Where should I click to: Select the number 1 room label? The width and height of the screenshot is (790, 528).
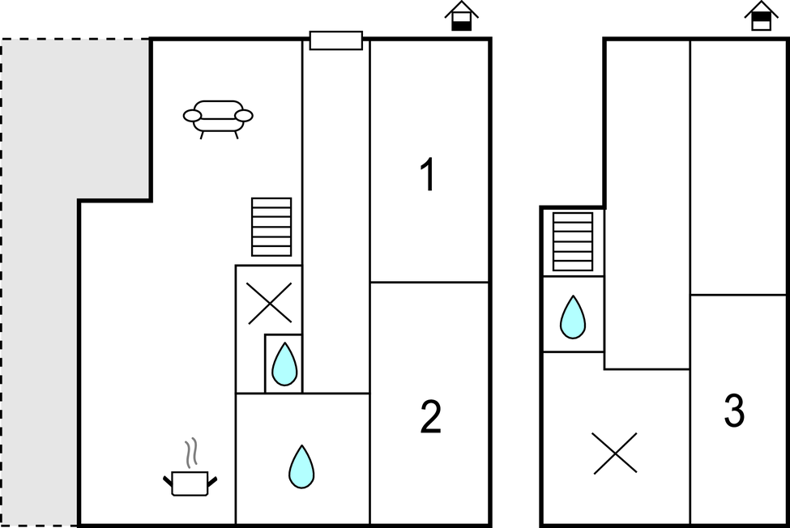(428, 176)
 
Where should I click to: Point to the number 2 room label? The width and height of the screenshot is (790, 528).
(430, 418)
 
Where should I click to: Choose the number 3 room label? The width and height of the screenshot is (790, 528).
(734, 411)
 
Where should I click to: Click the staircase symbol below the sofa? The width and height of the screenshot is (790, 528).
(271, 227)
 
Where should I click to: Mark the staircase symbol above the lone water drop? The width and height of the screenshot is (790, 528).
(573, 241)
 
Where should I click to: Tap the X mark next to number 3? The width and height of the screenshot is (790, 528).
(615, 453)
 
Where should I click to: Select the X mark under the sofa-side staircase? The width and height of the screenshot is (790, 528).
(270, 304)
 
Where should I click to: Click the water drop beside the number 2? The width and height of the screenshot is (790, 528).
(301, 466)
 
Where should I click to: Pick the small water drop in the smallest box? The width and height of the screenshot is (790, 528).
(284, 364)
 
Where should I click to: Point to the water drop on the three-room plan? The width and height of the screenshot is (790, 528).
(573, 317)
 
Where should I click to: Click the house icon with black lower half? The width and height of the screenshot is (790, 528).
(462, 17)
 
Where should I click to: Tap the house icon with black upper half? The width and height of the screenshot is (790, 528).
(761, 16)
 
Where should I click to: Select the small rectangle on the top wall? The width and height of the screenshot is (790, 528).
(336, 40)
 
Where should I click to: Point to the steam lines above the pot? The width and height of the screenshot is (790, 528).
(191, 453)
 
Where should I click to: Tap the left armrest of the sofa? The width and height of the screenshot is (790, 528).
(192, 117)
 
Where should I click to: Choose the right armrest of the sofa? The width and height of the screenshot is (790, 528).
(244, 117)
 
